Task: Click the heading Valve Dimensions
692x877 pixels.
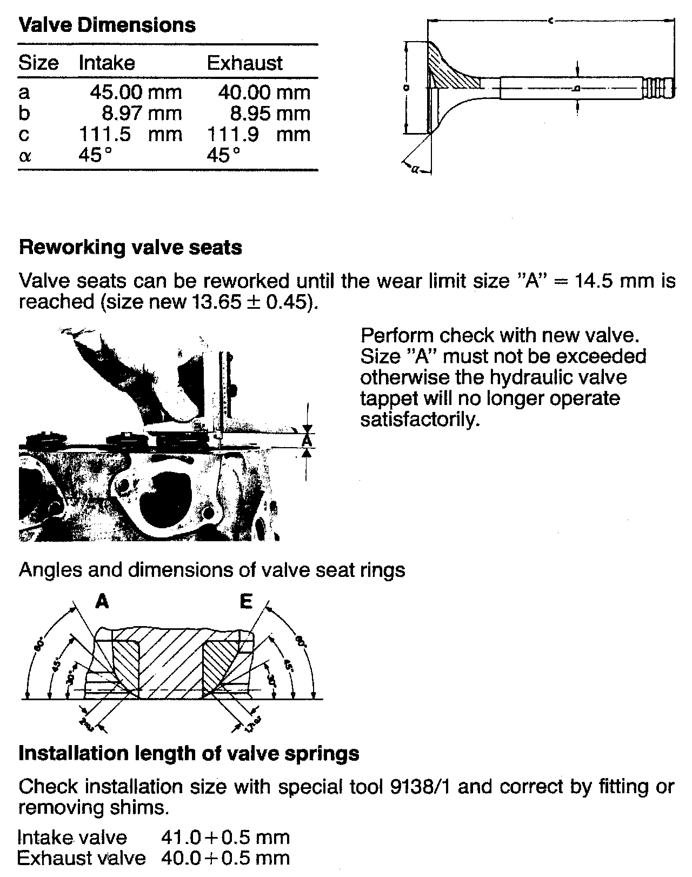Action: [x=107, y=25]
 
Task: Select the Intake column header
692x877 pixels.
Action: [x=107, y=63]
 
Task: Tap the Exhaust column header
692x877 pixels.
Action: [x=244, y=63]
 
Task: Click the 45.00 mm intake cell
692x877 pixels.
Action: [x=136, y=92]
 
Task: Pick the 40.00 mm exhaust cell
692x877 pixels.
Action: [x=264, y=92]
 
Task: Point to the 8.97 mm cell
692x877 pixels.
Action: [x=142, y=113]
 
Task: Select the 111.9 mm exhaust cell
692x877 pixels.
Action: [x=259, y=134]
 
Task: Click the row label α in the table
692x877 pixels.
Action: [x=25, y=156]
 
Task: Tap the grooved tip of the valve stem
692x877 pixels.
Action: [x=659, y=88]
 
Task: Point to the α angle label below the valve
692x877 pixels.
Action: [x=415, y=170]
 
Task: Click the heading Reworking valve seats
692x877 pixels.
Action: [x=130, y=247]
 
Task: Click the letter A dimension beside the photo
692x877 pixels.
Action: [x=307, y=441]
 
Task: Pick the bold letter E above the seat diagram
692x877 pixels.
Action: [x=246, y=601]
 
